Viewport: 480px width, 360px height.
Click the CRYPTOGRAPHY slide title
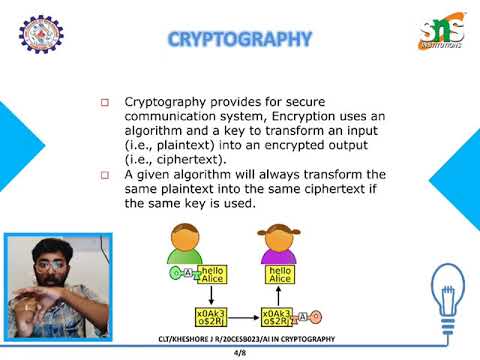coord(239,40)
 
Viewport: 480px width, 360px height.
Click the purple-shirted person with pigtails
coord(279,245)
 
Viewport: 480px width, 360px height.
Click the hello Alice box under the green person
coord(212,276)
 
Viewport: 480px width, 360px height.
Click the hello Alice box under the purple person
coord(279,276)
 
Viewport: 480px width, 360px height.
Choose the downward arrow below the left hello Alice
coord(212,297)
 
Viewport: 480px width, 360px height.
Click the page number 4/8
coord(240,353)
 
